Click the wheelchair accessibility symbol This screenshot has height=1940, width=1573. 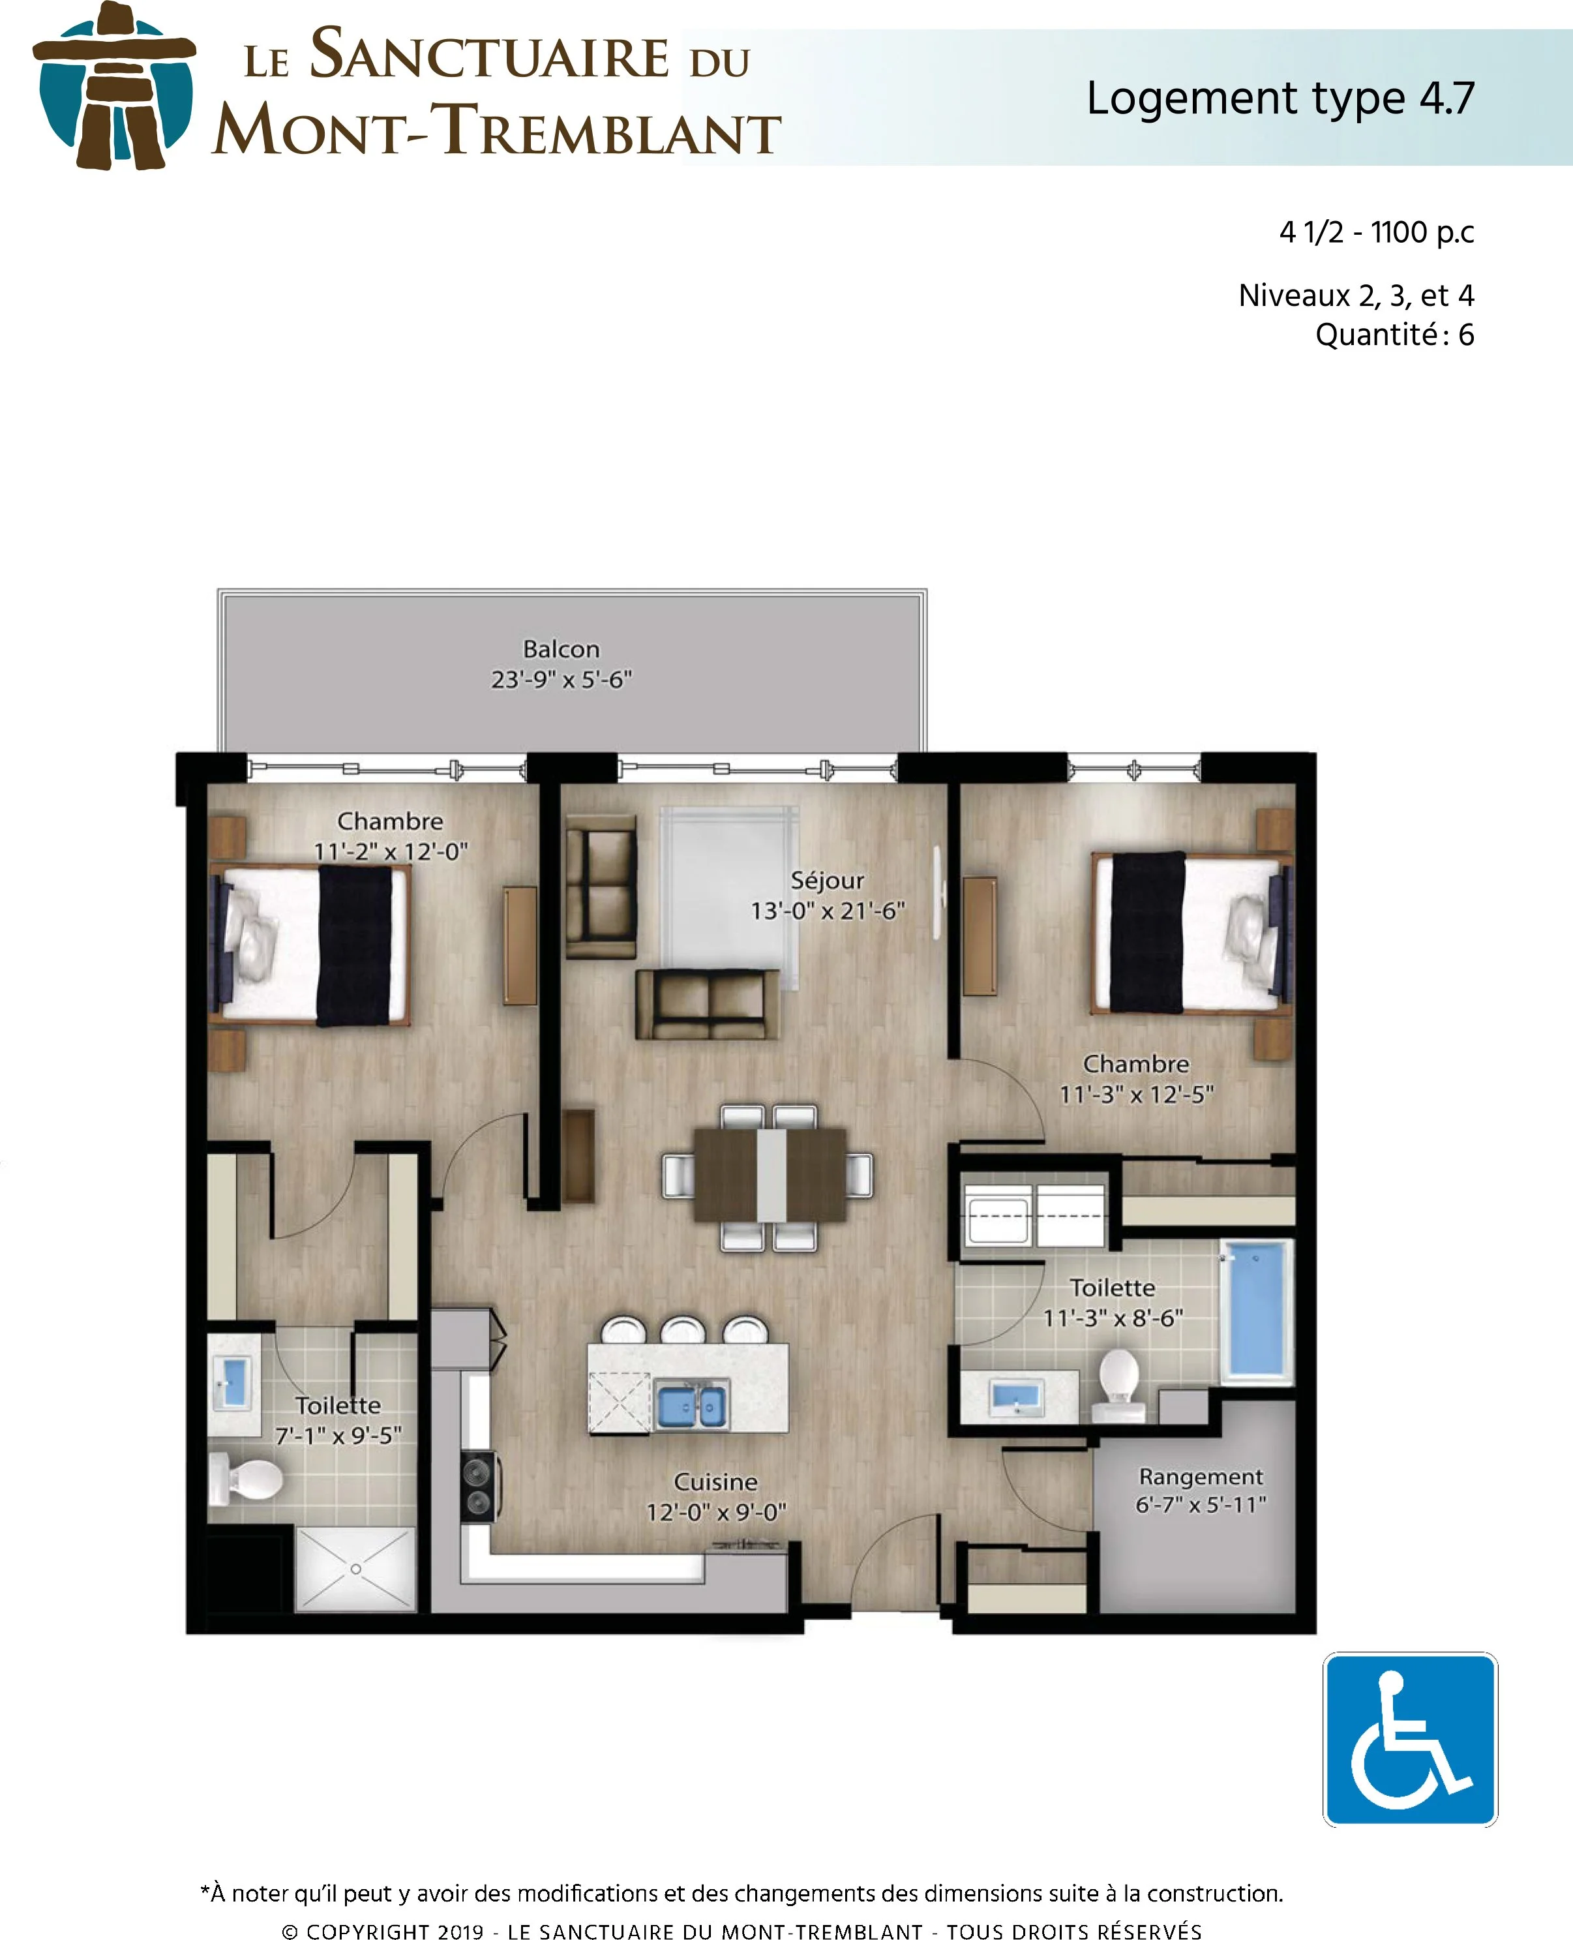coord(1409,1739)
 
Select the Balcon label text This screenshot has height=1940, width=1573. coord(561,649)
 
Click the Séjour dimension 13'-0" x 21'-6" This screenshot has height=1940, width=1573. coord(828,911)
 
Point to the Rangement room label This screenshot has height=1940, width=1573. coord(1201,1476)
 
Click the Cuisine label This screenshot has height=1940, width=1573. coord(715,1481)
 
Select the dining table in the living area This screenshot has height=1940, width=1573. coord(770,1174)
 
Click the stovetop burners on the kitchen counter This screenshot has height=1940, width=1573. coord(477,1486)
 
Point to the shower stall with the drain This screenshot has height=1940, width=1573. coord(356,1568)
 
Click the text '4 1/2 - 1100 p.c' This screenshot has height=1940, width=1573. coord(1375,233)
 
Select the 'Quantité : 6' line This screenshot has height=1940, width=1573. coord(1394,335)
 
